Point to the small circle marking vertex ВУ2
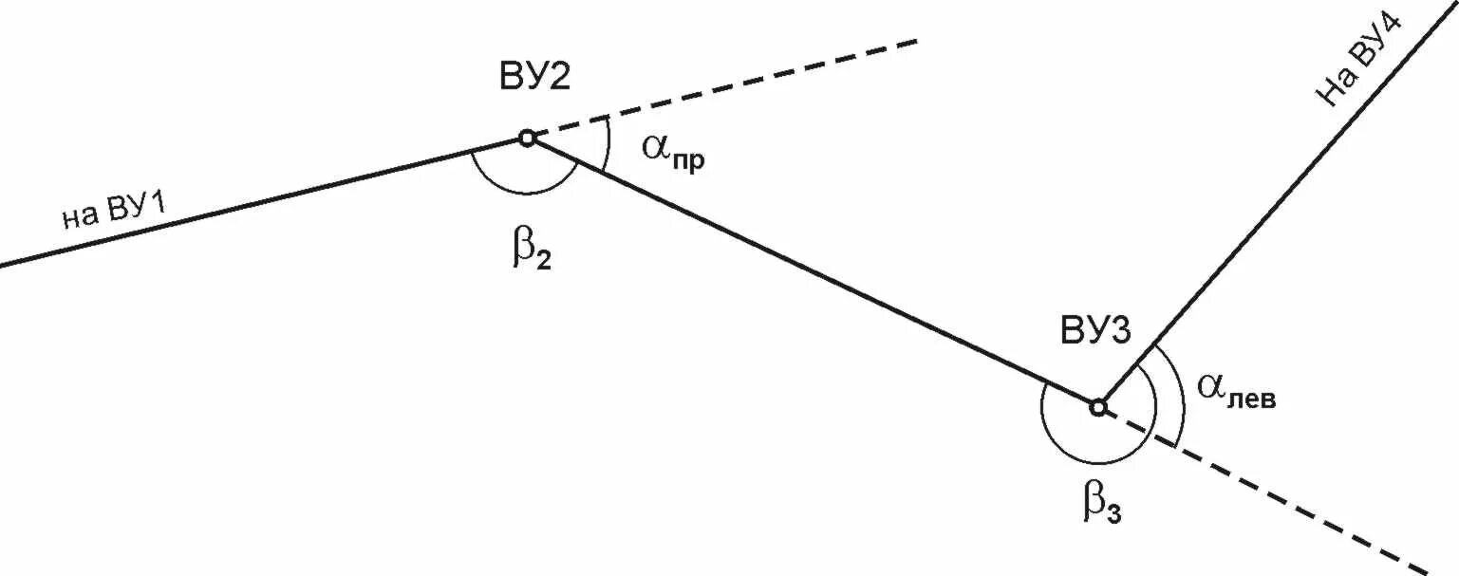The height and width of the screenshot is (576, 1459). pos(528,138)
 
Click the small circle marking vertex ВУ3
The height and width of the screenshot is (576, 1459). pos(1098,407)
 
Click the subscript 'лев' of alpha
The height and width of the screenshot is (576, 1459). pos(1252,399)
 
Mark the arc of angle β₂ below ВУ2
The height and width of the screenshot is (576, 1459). pos(522,193)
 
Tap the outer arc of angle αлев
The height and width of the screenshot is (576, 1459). pos(1183,399)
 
